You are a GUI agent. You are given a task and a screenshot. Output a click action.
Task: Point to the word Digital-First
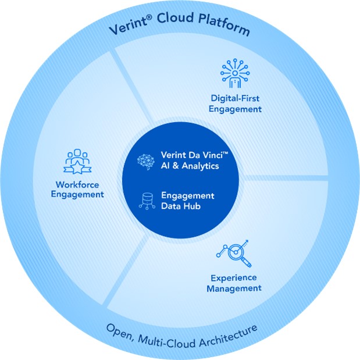coord(236,98)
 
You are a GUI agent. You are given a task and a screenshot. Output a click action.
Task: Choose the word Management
coord(236,288)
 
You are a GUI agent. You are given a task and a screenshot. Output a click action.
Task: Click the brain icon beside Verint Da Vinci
coord(145,160)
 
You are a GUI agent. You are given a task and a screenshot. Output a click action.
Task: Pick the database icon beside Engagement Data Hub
coord(145,201)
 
